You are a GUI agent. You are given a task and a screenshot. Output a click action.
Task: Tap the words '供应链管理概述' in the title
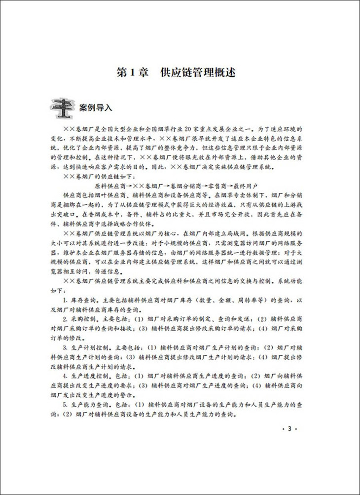197,74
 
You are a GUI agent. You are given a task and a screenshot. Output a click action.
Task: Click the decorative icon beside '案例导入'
62,108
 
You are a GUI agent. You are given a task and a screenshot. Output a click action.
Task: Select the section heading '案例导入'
96,108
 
